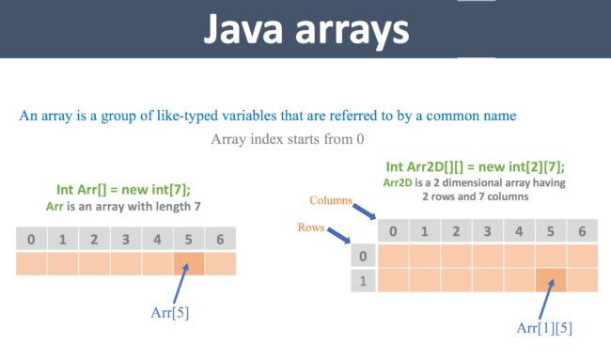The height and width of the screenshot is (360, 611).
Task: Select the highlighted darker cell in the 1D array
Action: coord(189,263)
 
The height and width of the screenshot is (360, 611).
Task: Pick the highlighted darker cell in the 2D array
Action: coord(551,279)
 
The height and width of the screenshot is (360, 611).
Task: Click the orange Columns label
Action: coord(332,201)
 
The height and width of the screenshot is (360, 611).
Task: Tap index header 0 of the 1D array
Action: coord(32,240)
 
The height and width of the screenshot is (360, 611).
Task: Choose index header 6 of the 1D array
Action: coord(220,240)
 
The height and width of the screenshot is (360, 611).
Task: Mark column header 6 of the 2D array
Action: coord(582,231)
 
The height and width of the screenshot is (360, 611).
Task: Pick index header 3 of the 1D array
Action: coord(126,240)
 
